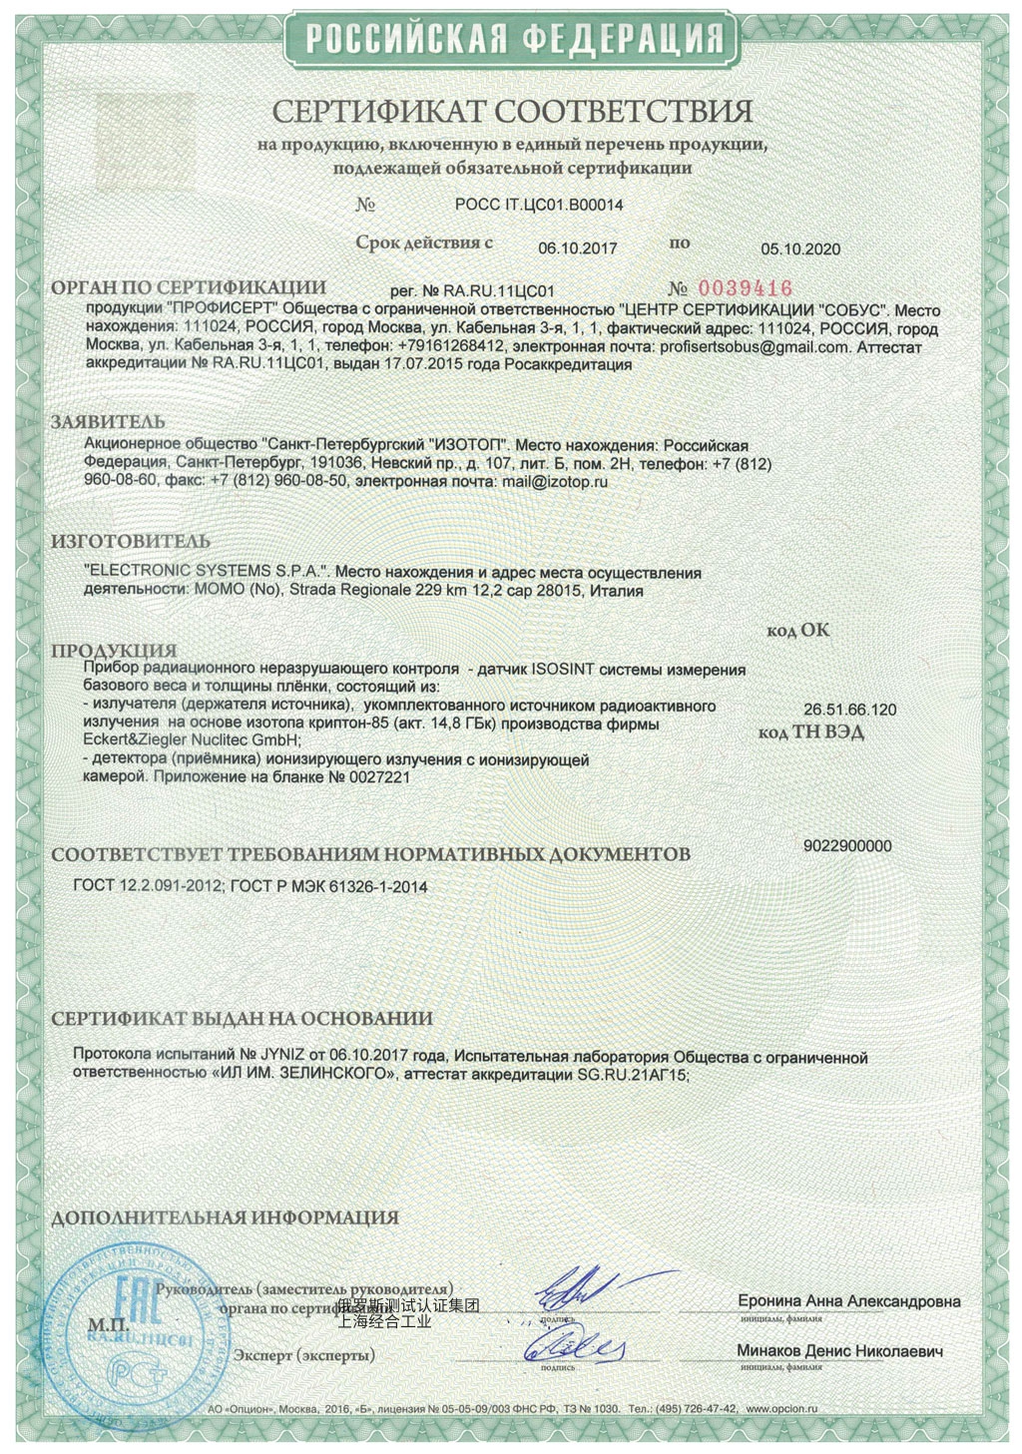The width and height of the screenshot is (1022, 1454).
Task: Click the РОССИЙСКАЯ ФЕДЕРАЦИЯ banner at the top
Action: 513,39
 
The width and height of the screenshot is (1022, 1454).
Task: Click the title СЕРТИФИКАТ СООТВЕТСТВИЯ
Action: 513,110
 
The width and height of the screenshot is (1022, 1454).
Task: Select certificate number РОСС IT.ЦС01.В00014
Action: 539,206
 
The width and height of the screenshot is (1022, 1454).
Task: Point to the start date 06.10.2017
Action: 578,248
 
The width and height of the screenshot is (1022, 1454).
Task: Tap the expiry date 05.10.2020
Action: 800,249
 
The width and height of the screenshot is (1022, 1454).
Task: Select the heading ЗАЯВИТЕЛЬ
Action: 109,422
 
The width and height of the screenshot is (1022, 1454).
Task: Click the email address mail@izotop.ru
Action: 554,481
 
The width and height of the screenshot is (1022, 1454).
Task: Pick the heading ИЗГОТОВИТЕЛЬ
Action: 131,542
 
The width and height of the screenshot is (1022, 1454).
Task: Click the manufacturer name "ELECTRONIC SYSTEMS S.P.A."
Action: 207,572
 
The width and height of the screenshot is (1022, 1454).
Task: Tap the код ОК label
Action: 797,631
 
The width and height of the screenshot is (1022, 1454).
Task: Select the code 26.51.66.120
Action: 849,710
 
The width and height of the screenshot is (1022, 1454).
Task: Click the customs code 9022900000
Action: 847,846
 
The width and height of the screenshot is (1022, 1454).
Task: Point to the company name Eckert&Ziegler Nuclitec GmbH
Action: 192,740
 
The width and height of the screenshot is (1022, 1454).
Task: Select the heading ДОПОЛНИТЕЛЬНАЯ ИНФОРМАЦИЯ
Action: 225,1217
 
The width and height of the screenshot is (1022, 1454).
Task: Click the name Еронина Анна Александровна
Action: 849,1301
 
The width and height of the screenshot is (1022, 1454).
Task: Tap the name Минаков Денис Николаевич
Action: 839,1351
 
